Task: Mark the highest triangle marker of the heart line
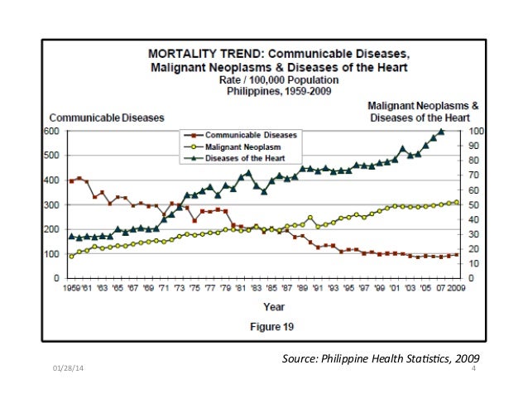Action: (x=441, y=132)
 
